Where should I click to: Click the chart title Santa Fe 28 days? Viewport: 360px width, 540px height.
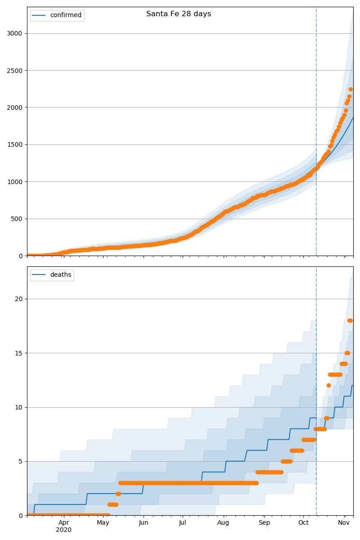(x=179, y=14)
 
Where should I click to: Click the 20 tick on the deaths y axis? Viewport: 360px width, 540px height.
(x=19, y=299)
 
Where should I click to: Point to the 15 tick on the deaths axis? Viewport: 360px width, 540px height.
(x=19, y=353)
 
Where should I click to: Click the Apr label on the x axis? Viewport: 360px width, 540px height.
(x=64, y=522)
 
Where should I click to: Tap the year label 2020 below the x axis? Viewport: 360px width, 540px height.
(x=64, y=530)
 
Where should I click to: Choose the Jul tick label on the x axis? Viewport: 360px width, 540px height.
(x=182, y=522)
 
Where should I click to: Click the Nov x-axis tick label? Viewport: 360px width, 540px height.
(x=344, y=522)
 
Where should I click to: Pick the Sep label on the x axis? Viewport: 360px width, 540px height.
(x=264, y=522)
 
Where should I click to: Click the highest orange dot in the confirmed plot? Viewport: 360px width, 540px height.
(x=351, y=89)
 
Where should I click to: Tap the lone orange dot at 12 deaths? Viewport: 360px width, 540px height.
(x=328, y=385)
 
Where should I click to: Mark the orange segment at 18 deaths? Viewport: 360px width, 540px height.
(x=350, y=320)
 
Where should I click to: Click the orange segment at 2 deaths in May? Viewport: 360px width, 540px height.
(x=118, y=494)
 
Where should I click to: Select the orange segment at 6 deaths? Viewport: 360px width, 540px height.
(x=297, y=450)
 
